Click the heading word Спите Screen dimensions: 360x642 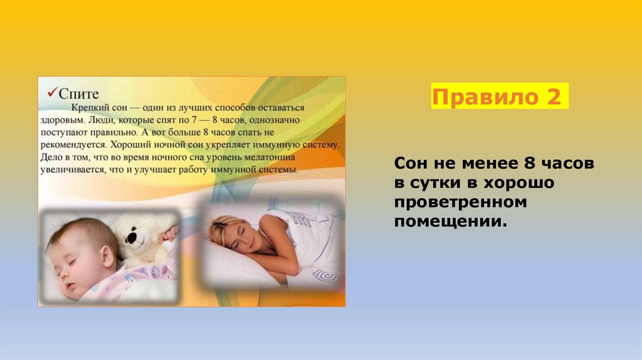[79, 93]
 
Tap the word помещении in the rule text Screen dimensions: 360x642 [450, 222]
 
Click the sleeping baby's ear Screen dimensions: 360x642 [108, 255]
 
